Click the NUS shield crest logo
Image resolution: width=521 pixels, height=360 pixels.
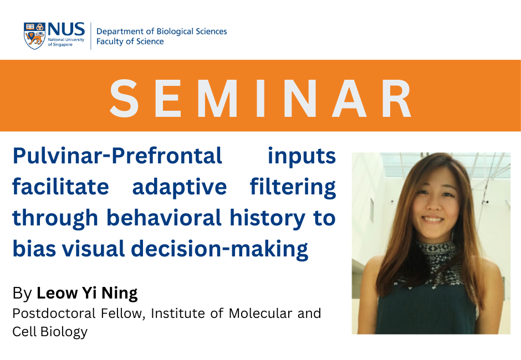coord(34,36)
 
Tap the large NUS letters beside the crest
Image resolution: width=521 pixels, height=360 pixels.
coord(66,29)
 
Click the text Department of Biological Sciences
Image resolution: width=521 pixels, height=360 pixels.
coord(161,31)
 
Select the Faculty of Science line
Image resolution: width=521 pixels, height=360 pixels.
coord(130,42)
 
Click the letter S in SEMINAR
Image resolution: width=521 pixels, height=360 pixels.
coord(124,98)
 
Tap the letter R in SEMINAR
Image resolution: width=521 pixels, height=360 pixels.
coord(397,98)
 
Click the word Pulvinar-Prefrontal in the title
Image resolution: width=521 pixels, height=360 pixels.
coord(118,156)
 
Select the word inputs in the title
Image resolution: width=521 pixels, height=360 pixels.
coord(302,156)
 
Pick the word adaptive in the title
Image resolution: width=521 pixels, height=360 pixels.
coord(180,187)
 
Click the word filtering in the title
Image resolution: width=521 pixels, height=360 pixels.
coord(293,187)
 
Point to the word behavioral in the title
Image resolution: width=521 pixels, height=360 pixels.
coord(164,218)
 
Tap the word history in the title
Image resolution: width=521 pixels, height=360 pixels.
coord(267,218)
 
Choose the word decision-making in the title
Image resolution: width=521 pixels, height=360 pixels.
coord(219,249)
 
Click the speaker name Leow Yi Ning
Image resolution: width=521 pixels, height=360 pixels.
coord(87,293)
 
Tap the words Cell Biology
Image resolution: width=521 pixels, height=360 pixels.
coord(50,332)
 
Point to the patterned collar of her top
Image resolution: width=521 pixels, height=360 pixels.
coord(435,253)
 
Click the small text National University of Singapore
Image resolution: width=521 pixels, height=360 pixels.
coord(66,42)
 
